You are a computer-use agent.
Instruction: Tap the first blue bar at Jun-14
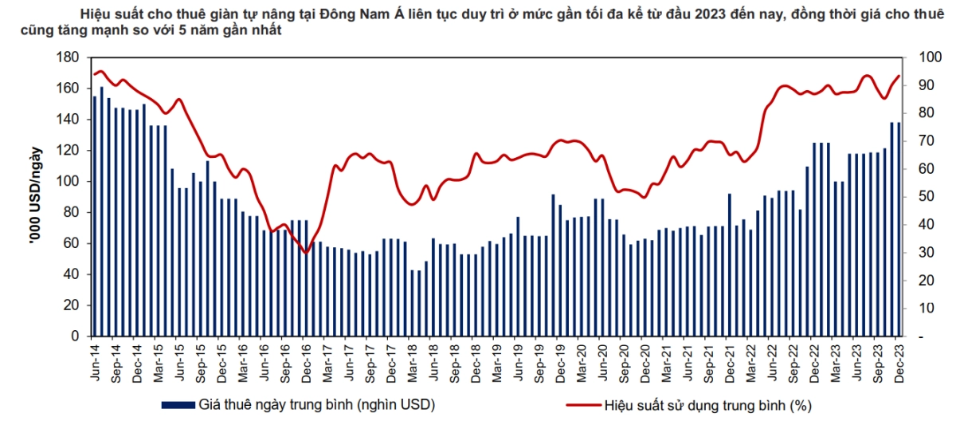(95, 216)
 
